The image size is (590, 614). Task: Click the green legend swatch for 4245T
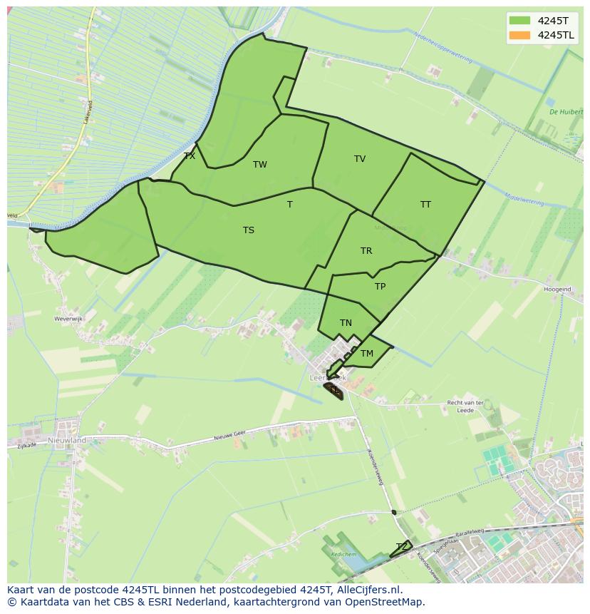tap(520, 21)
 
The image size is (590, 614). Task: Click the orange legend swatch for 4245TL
tap(520, 35)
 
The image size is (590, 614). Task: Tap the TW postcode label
tap(260, 165)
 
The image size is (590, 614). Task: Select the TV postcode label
tap(360, 159)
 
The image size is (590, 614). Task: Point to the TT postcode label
tap(425, 205)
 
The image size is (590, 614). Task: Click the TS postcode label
tap(248, 230)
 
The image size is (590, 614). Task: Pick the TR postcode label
tap(366, 251)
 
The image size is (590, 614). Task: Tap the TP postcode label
tap(380, 287)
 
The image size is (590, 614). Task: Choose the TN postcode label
tap(346, 323)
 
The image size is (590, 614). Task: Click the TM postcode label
tap(367, 354)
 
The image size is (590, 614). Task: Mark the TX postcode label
tap(190, 156)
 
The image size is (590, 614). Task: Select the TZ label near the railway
tap(402, 547)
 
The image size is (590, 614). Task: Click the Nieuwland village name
tap(67, 441)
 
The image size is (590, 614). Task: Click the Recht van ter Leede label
tap(465, 406)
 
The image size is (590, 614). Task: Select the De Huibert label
tap(566, 112)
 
